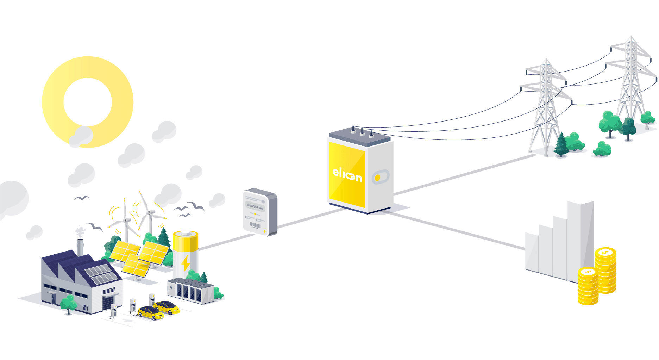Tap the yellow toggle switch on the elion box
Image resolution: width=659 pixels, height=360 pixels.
pos(378,178)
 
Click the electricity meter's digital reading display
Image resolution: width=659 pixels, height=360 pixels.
pos(255,206)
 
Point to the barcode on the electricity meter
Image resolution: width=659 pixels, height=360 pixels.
pos(255,225)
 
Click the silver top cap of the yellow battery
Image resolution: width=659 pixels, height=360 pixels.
pos(186,233)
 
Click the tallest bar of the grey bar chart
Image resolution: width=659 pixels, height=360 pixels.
pos(581,240)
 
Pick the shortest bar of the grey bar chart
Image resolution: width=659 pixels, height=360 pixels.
pos(532,252)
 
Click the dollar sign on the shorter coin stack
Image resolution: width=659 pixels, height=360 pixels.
pos(588,272)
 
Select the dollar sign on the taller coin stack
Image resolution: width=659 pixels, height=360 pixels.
pos(605,252)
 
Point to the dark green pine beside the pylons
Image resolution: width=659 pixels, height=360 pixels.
pos(561,144)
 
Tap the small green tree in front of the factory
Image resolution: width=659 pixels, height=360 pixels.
pos(68,303)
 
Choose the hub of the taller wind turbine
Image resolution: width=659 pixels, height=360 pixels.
pos(151,212)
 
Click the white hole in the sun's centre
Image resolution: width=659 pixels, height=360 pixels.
pos(88,102)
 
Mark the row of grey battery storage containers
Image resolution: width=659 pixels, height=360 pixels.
pos(190,291)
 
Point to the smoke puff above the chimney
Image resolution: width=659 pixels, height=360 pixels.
pos(80,231)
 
